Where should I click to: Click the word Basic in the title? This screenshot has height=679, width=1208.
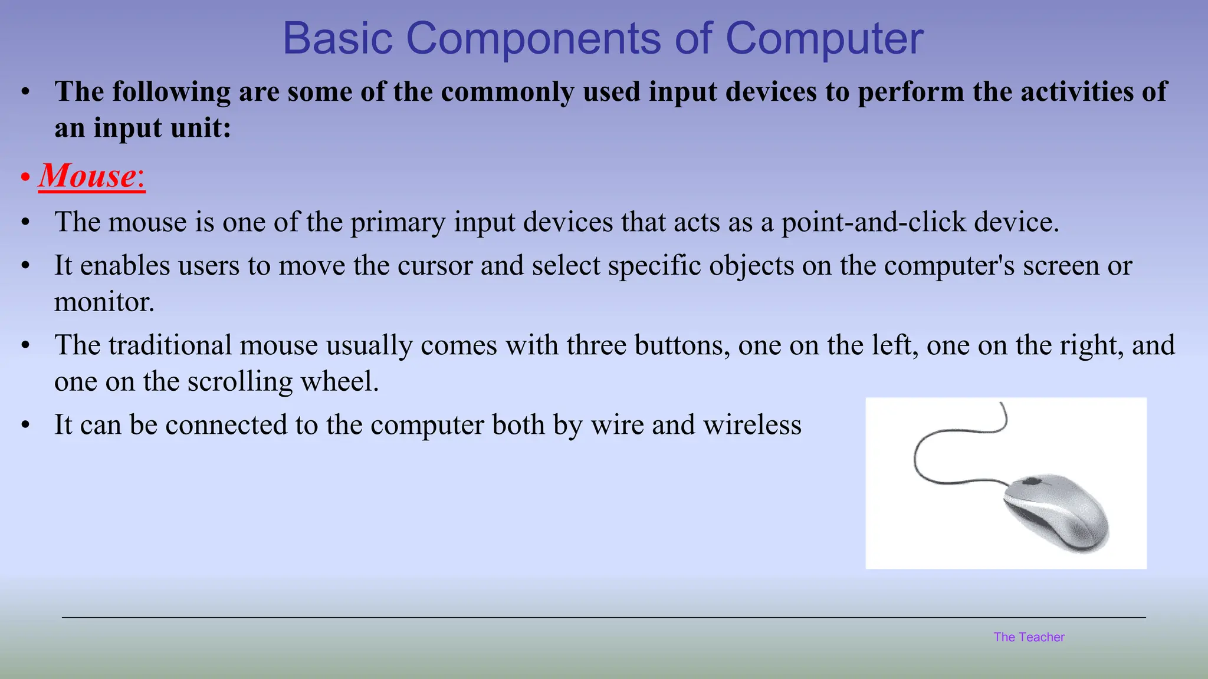pos(338,39)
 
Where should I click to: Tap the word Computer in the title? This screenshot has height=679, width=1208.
pos(824,39)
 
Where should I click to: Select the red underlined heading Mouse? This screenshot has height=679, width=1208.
pos(88,176)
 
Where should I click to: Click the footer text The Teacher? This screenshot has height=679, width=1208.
pos(1029,637)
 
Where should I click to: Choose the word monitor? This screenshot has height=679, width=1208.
pos(104,302)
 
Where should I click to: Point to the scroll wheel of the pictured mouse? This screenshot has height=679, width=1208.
pos(1031,482)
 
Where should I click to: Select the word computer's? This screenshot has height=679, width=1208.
pos(949,266)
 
